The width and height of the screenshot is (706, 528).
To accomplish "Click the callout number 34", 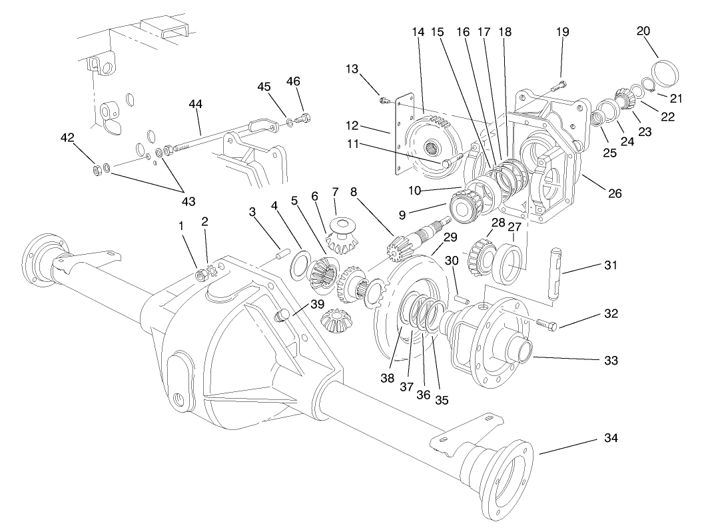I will click(610, 438).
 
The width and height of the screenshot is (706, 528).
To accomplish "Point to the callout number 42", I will click(67, 137).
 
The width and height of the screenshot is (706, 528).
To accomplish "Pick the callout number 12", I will click(352, 125).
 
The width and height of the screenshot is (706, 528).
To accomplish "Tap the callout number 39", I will click(317, 304).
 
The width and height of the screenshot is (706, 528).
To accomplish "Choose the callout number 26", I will click(614, 194).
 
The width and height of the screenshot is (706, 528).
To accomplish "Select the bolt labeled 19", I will click(559, 85).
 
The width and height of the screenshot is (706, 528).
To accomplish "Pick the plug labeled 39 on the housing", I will click(282, 313).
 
